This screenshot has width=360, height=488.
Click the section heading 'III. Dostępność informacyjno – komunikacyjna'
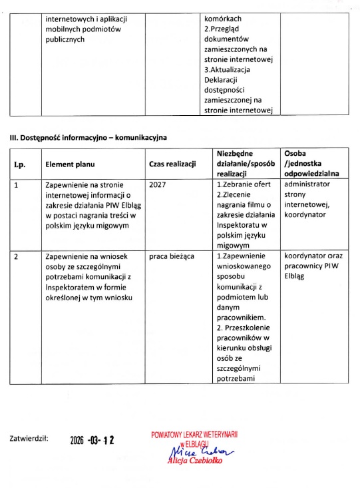pos(87,138)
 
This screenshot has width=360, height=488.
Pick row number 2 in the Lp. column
pos(17,256)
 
